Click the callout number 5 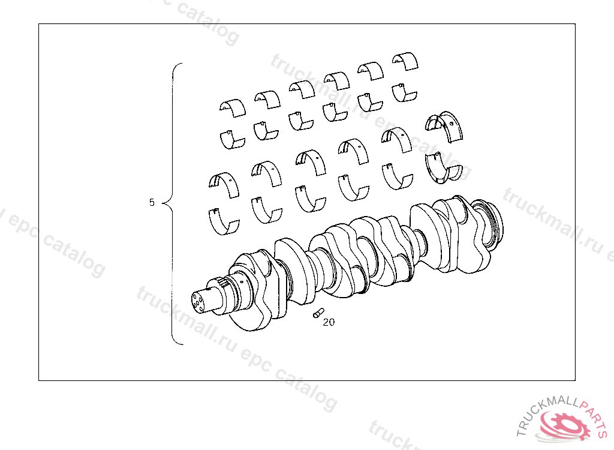pyautogui.click(x=152, y=202)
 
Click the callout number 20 pyautogui.click(x=329, y=322)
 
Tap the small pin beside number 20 pyautogui.click(x=318, y=313)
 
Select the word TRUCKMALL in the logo pyautogui.click(x=545, y=412)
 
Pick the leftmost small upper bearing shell pyautogui.click(x=233, y=108)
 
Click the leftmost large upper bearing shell pyautogui.click(x=224, y=184)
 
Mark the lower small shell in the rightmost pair pyautogui.click(x=404, y=93)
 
